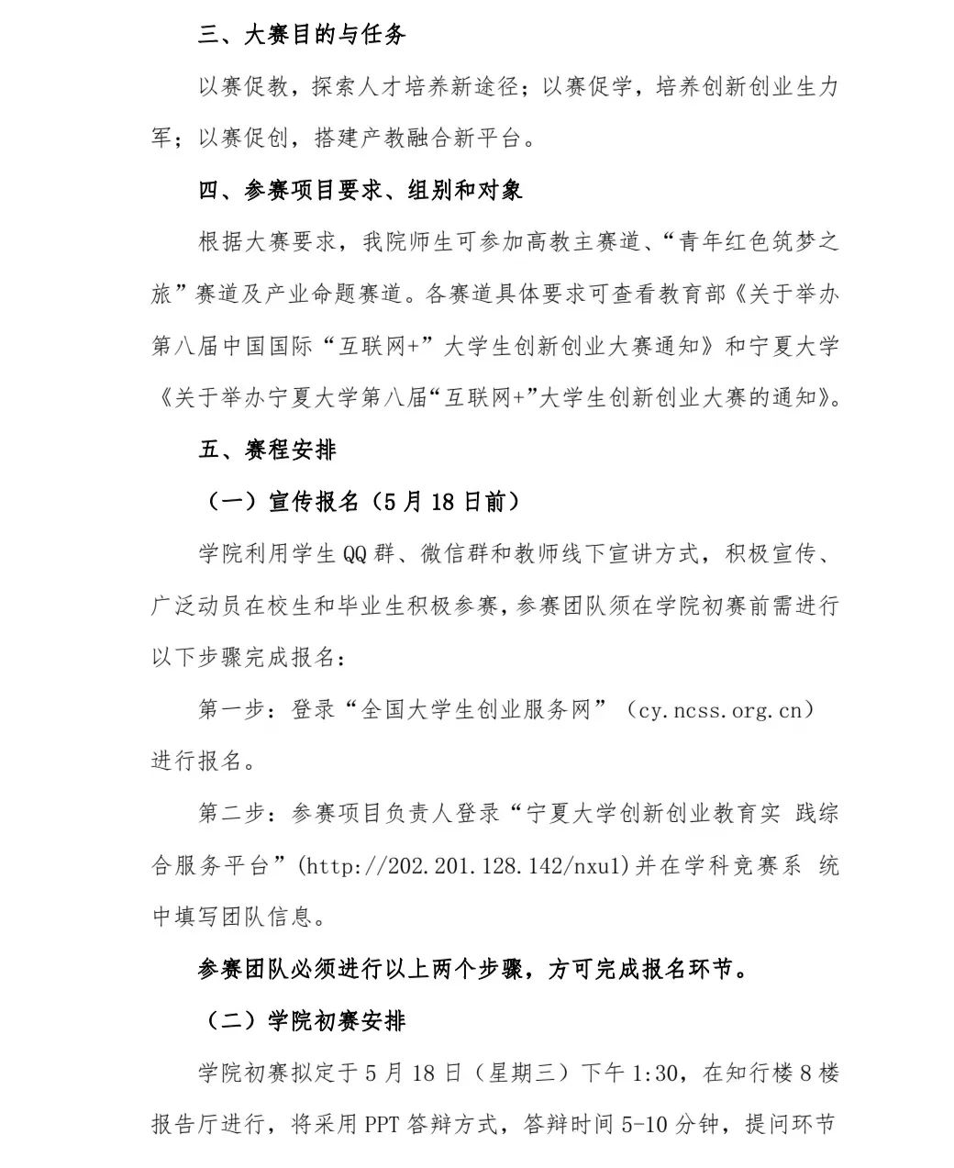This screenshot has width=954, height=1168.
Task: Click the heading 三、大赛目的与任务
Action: click(302, 36)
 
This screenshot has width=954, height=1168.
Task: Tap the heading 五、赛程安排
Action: click(267, 450)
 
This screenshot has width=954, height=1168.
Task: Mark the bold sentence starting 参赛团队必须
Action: click(472, 969)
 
